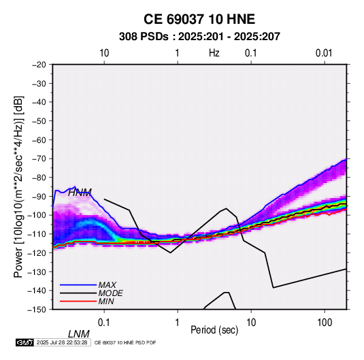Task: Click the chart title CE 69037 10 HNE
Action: (199, 19)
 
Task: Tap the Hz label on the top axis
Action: (214, 53)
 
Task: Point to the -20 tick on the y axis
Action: (39, 65)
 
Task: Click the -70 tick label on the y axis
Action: (39, 159)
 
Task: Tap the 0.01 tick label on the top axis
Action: (324, 53)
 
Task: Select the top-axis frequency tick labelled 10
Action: (104, 53)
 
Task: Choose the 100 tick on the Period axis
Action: (325, 323)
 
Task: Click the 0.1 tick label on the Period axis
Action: (103, 323)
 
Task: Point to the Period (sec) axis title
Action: (214, 330)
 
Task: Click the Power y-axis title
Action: (18, 186)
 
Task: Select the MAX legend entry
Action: (107, 285)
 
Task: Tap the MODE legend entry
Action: (110, 293)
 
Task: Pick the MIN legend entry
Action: (106, 301)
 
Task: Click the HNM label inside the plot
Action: (80, 193)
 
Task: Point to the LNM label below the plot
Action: (78, 334)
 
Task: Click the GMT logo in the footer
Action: (24, 342)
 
